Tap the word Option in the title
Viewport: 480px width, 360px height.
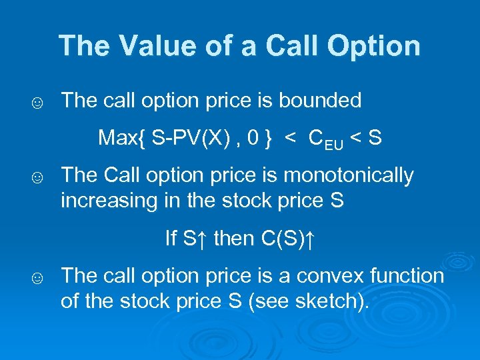click(x=377, y=46)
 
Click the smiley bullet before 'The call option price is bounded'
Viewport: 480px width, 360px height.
click(x=38, y=103)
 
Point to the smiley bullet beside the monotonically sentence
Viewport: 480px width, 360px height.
click(x=38, y=178)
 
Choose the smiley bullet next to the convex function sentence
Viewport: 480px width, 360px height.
click(x=38, y=278)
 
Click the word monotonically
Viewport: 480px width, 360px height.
click(x=348, y=176)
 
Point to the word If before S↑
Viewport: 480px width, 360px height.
click(x=171, y=239)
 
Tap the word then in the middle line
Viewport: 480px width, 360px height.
click(x=233, y=239)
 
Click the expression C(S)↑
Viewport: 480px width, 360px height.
click(x=288, y=239)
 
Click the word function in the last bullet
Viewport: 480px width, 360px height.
click(x=405, y=275)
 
